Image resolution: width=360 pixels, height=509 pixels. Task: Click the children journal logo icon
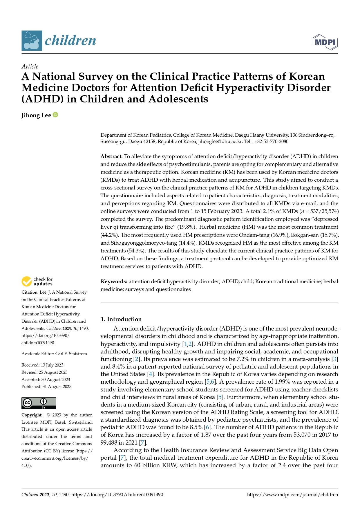(x=32, y=41)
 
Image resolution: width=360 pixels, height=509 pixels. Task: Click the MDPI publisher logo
(x=325, y=42)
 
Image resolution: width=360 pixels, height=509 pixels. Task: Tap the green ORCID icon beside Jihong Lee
(x=55, y=115)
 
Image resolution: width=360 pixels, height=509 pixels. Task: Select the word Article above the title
(x=30, y=66)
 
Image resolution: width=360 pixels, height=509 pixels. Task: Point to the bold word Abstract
(x=111, y=156)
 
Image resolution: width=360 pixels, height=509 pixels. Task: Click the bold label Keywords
(x=114, y=281)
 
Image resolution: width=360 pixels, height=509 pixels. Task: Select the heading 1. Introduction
(x=121, y=319)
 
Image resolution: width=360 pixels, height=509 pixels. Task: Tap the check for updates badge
(x=37, y=281)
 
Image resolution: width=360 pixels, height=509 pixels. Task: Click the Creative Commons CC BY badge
(x=39, y=403)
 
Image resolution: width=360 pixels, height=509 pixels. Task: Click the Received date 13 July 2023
(x=52, y=365)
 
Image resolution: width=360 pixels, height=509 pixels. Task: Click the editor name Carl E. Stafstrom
(x=71, y=354)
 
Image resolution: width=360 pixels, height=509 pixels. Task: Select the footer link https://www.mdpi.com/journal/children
(x=292, y=495)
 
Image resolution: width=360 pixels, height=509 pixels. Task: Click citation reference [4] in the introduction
(x=150, y=374)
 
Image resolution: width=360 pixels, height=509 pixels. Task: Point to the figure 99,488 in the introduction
(x=109, y=443)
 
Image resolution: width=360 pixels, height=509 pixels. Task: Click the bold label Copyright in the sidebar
(x=32, y=415)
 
